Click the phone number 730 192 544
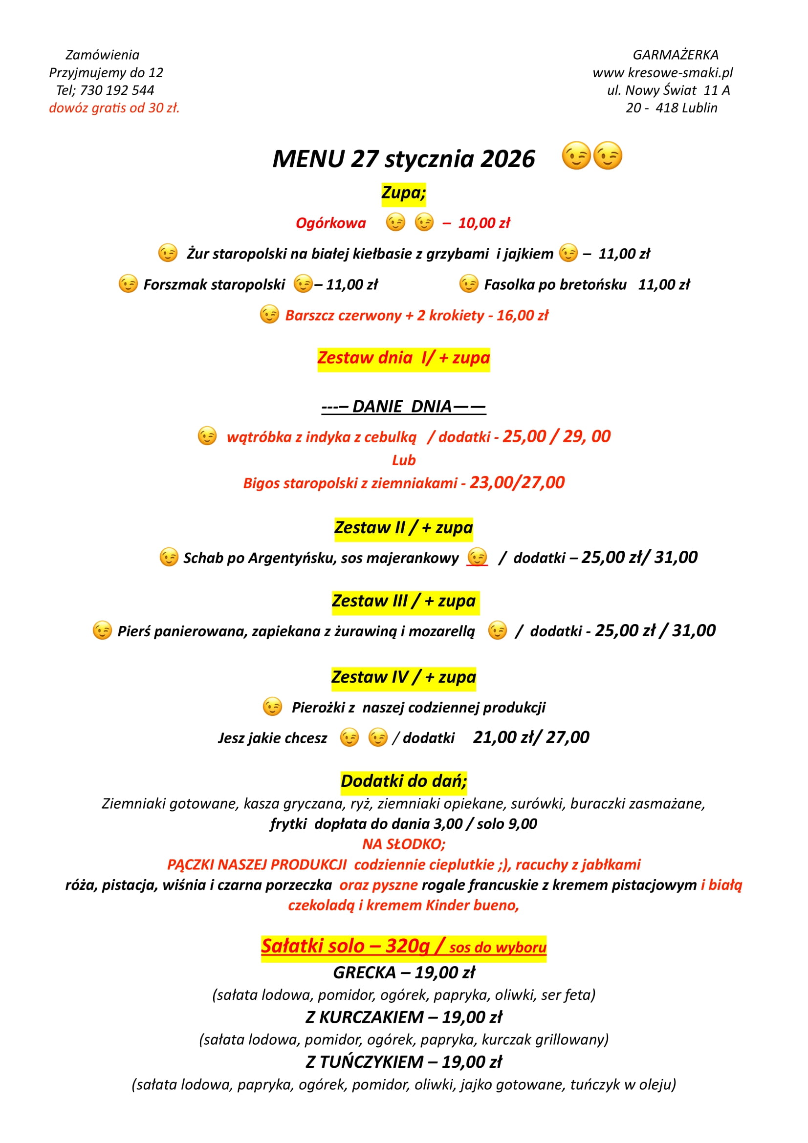coord(117,90)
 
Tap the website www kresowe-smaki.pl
coord(662,73)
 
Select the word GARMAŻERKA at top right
coord(675,55)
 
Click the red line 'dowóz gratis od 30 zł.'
coord(114,108)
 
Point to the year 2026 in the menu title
coord(507,159)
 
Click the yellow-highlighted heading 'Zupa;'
coord(403,193)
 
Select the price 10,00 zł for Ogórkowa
coord(484,223)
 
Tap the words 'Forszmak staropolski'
coord(214,285)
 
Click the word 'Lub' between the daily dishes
coord(404,460)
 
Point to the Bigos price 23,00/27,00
coord(517,482)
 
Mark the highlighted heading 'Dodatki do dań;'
coord(404,781)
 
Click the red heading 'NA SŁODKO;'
coord(404,844)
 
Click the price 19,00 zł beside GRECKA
coord(445,972)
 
